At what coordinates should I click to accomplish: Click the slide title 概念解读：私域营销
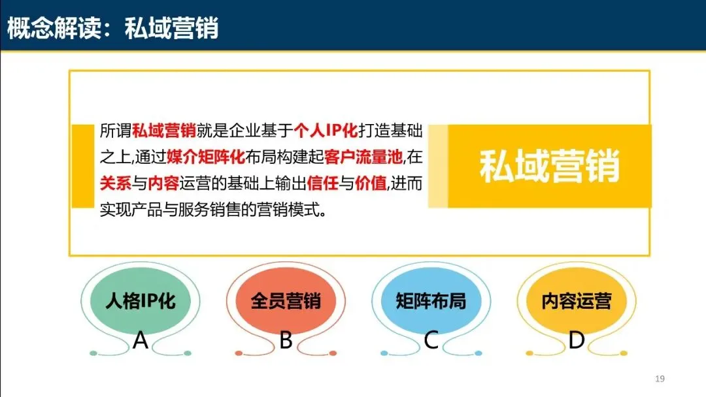[112, 27]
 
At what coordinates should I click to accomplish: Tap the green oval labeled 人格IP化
[141, 301]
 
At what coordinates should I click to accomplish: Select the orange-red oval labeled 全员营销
[286, 301]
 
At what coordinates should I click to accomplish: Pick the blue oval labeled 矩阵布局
[431, 301]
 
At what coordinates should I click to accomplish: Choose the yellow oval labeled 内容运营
[576, 301]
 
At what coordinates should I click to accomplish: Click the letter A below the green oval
[141, 340]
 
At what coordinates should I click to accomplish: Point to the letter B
[286, 340]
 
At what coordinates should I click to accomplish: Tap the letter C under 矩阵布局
[431, 340]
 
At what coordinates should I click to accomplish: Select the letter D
[576, 340]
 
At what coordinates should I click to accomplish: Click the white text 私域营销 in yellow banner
[549, 167]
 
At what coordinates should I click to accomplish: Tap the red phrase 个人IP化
[326, 131]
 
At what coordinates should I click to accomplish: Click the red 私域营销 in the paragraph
[163, 131]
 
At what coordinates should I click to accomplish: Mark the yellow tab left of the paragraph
[82, 166]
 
